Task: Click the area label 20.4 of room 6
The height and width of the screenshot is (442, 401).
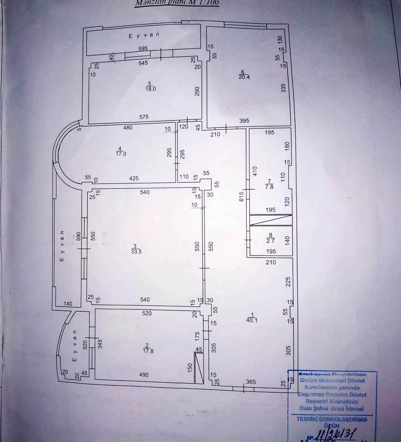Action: [244, 77]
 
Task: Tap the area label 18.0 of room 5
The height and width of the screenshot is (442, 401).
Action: [151, 88]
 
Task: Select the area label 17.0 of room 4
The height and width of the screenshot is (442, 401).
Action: [121, 154]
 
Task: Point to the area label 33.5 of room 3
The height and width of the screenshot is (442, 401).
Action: [136, 252]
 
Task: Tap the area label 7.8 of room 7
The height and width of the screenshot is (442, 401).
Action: [269, 187]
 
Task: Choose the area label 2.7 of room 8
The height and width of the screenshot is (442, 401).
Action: [271, 241]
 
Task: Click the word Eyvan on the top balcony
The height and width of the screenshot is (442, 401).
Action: [143, 36]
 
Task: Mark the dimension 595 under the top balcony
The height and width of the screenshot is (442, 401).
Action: [143, 49]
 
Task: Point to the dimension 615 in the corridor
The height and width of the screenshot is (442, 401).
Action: [242, 196]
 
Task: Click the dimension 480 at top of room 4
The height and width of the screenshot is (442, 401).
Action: [128, 127]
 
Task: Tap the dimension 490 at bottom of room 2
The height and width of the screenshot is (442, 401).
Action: [144, 375]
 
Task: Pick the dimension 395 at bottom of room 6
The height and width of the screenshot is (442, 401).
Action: [244, 121]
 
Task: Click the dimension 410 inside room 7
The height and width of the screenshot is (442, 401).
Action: [255, 172]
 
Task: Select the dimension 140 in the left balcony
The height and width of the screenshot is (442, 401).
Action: [68, 304]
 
